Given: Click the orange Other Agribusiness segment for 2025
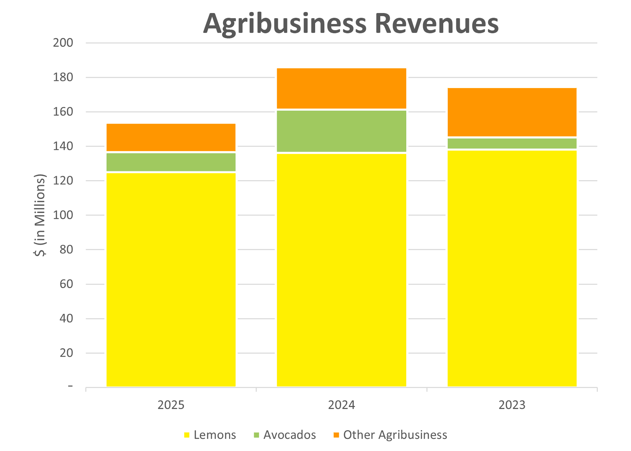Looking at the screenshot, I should tap(171, 137).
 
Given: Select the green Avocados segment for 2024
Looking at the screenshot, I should tap(342, 131).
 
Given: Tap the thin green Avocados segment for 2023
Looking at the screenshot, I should tap(512, 144).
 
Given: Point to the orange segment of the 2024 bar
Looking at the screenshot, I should tap(342, 88).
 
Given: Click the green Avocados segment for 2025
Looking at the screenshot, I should tap(171, 162).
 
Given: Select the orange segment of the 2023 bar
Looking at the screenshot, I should tap(512, 112).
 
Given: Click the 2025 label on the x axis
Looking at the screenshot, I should tap(171, 405).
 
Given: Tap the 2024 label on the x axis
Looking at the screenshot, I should tap(342, 405).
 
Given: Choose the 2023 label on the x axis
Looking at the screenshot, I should tap(512, 405).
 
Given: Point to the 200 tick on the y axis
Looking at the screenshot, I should tap(63, 43).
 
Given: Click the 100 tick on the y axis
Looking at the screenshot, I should tap(63, 215).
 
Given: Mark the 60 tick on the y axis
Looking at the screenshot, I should tap(66, 284).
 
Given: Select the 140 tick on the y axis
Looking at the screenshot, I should tap(63, 146).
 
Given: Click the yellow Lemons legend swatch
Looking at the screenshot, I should tap(187, 435).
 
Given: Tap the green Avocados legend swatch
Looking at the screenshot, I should tap(257, 435).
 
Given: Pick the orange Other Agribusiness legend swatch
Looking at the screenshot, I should tap(336, 435).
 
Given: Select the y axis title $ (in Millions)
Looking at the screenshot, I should tap(40, 215).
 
